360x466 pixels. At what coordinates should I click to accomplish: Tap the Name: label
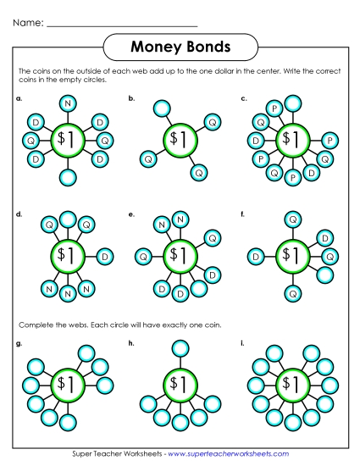pos(29,23)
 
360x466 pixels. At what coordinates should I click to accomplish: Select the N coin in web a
pos(68,103)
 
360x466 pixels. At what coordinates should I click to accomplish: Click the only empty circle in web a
pos(68,176)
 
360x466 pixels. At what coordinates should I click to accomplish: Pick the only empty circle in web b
pos(162,108)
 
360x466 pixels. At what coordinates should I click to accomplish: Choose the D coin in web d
pos(105,256)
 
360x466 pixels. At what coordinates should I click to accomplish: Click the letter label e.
pos(131,215)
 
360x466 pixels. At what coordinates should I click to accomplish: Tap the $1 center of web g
pos(64,383)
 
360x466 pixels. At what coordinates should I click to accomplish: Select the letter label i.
pos(243,343)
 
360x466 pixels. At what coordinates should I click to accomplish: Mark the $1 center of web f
pos(292,255)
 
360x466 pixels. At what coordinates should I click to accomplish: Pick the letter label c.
pos(244,99)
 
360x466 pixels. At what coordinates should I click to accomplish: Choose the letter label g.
pos(19,343)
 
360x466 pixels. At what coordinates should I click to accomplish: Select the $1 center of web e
pos(179,254)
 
